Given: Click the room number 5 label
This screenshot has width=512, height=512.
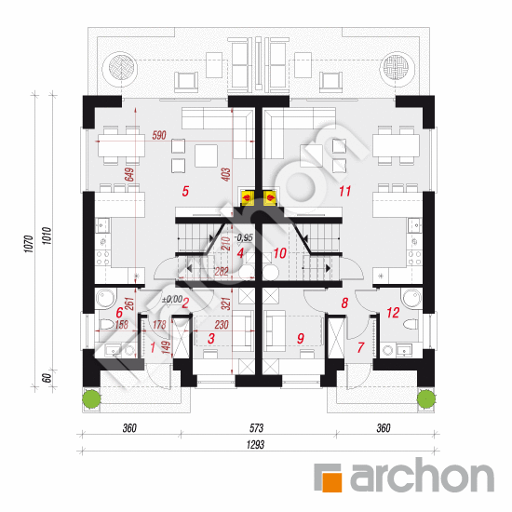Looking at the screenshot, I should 186,192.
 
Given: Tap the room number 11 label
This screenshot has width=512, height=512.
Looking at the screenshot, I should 345,193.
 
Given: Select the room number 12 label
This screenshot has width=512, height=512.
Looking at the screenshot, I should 392,314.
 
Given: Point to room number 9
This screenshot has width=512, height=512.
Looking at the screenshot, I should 301,339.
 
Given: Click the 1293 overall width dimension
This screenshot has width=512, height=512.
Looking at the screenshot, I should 257,445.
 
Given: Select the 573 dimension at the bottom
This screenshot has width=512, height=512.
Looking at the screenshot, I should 257,428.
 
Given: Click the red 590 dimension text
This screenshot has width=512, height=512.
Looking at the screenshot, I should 158,136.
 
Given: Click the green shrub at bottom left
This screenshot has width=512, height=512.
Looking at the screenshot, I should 90,398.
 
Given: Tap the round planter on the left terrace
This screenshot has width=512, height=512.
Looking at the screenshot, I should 120,67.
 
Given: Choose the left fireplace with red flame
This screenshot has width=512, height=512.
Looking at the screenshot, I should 248,197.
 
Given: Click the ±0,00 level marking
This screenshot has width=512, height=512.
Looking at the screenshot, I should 172,300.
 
